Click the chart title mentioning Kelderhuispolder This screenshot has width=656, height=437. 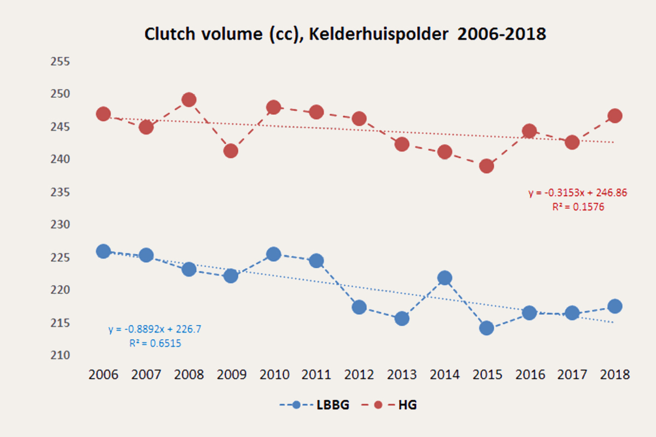[x=345, y=34]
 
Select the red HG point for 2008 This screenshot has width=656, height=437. [x=189, y=100]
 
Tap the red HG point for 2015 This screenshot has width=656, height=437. [x=487, y=166]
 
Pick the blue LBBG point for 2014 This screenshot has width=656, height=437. [x=444, y=278]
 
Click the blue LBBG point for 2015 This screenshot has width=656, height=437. [x=487, y=328]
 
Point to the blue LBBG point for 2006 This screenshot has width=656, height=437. [x=103, y=251]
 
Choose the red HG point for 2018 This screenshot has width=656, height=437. [x=614, y=116]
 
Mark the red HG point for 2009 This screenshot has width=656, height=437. [x=231, y=151]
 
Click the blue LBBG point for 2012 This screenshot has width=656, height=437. [x=359, y=307]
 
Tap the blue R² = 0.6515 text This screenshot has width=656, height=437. [x=155, y=344]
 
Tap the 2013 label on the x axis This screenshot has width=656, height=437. [x=402, y=375]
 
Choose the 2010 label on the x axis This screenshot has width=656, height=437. [x=273, y=375]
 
